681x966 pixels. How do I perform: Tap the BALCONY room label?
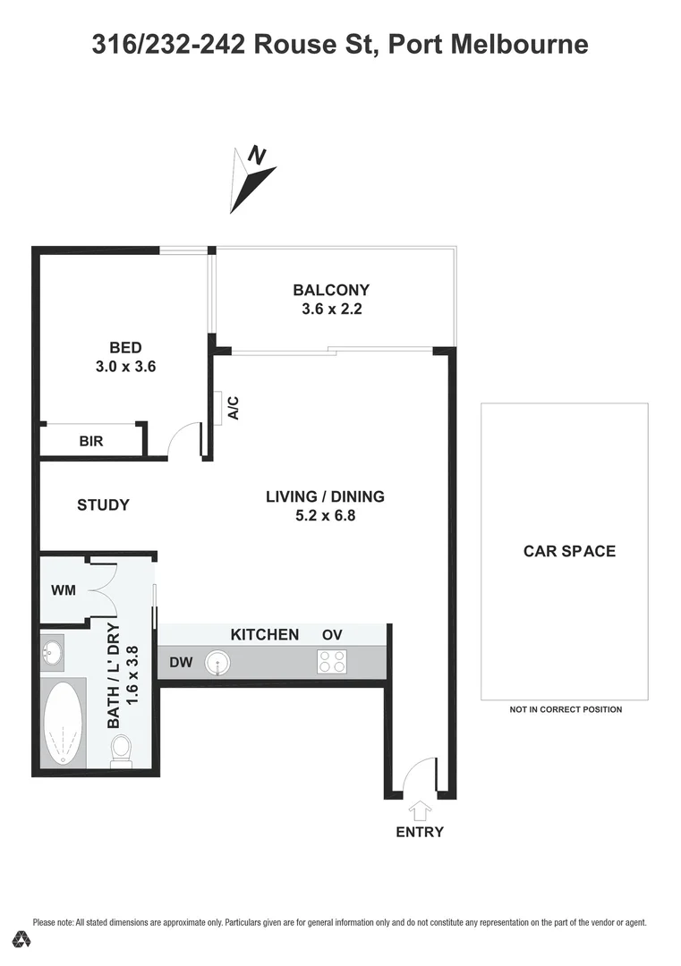331,290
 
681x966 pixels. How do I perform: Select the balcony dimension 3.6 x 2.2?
331,310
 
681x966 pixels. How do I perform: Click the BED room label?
125,347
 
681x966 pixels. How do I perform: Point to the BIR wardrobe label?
91,441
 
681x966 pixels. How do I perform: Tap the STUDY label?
103,504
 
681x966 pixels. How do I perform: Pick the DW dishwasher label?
182,663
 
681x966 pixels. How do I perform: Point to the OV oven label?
332,635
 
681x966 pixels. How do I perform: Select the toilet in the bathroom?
120,751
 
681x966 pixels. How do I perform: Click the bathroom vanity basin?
52,651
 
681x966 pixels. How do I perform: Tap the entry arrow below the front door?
419,810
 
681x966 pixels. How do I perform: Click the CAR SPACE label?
569,551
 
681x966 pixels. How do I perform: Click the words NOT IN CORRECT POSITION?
566,709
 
